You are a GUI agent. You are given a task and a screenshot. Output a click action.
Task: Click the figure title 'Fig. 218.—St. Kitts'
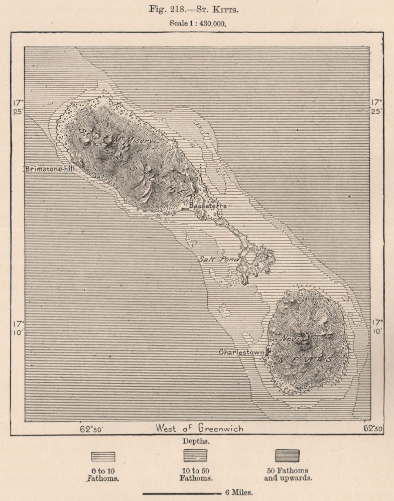point(196,10)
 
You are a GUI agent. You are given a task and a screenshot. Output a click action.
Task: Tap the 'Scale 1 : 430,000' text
point(197,23)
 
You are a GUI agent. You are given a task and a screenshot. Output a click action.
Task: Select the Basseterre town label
point(208,206)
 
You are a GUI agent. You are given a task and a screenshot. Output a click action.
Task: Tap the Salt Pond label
point(218,259)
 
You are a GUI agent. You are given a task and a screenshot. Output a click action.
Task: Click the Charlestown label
point(241,352)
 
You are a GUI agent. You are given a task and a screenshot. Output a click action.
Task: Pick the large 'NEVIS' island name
point(308,359)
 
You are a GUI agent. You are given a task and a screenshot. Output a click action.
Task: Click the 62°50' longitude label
point(93,428)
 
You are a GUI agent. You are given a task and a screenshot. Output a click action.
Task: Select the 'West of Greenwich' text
point(200,428)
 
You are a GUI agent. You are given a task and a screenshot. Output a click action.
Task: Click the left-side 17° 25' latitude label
point(18,107)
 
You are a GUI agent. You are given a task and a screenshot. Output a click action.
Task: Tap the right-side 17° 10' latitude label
point(377,326)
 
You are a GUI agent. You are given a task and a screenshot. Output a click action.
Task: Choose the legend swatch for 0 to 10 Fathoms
point(103,456)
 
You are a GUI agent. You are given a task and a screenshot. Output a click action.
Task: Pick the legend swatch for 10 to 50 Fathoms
point(195,455)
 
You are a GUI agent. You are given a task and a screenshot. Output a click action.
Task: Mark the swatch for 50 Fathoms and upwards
point(287,455)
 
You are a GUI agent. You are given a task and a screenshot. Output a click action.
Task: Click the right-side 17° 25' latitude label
point(377,107)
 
